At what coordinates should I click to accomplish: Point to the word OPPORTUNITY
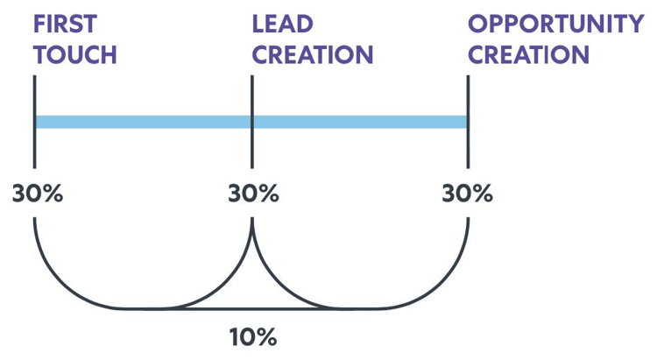point(556,24)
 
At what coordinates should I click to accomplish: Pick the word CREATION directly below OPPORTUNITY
point(529,54)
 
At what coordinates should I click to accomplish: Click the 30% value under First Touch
point(37,194)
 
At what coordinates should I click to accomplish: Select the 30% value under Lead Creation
point(253,194)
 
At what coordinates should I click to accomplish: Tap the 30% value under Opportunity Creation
point(468,194)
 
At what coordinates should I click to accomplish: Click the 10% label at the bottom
point(252,336)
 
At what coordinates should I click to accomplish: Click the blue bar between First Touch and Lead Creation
point(143,122)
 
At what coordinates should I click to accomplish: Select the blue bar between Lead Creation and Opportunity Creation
point(360,122)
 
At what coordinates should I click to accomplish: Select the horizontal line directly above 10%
point(252,308)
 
